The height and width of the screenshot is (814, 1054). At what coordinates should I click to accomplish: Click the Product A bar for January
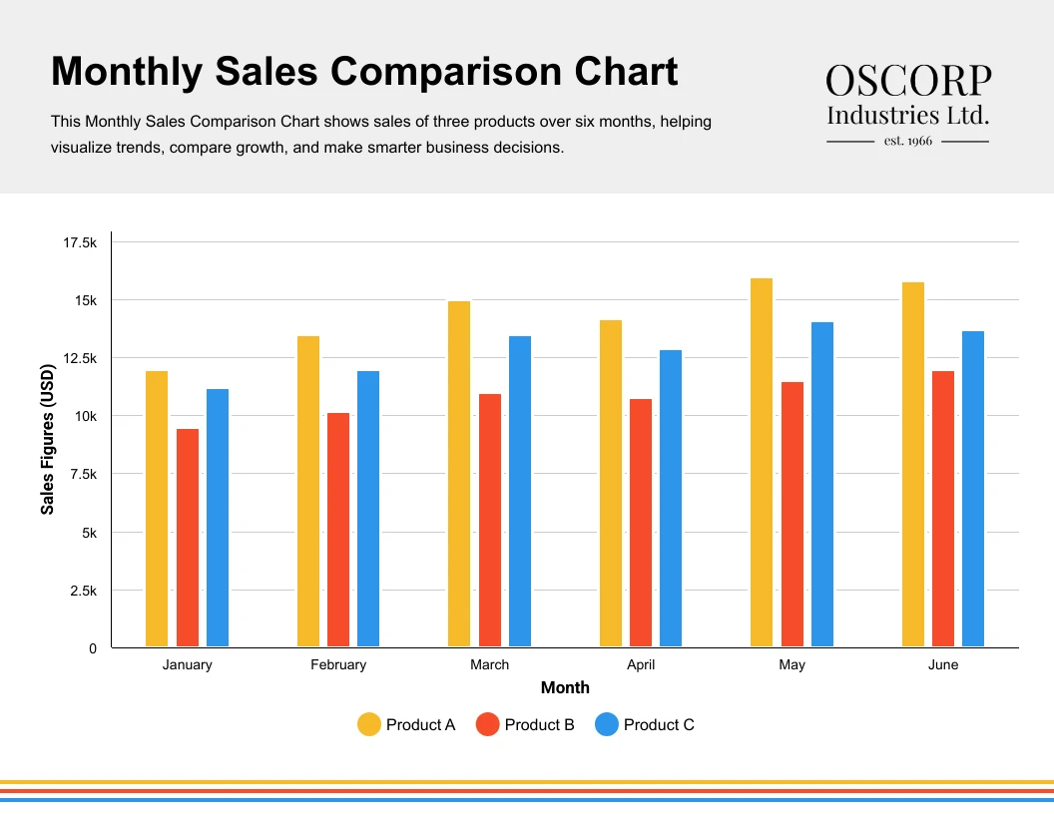pos(157,509)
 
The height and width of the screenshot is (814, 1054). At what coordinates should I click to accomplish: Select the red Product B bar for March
pos(490,520)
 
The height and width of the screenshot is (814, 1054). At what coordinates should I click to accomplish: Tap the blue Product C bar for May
pos(822,484)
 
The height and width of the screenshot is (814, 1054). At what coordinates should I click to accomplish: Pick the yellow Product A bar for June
pos(913,464)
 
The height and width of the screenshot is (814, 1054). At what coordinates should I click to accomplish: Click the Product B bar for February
pos(338,529)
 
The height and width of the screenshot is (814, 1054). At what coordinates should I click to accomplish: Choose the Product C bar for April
pos(671,498)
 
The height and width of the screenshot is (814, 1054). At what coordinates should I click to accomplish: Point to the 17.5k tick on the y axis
pos(80,242)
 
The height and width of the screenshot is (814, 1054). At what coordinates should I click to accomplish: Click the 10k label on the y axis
pos(85,416)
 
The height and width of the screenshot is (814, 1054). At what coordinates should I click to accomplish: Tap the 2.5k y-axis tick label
pos(82,591)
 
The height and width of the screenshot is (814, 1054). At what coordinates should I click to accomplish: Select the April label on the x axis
pos(641,664)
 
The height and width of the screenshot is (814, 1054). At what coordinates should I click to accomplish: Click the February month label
pos(338,664)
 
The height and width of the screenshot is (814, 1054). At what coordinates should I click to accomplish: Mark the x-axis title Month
pos(565,687)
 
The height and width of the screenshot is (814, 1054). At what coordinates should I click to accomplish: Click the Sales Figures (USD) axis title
pos(48,440)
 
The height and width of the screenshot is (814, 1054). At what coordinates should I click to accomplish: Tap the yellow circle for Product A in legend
pos(369,725)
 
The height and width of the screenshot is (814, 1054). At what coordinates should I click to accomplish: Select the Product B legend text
pos(539,725)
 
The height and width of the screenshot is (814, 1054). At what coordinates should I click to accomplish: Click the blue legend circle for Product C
pos(607,725)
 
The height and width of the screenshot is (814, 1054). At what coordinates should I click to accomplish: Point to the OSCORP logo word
pos(908,81)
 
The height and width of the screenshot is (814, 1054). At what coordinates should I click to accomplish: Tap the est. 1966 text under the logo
pos(908,141)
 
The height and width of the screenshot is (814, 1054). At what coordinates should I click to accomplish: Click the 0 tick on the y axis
pos(93,648)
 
